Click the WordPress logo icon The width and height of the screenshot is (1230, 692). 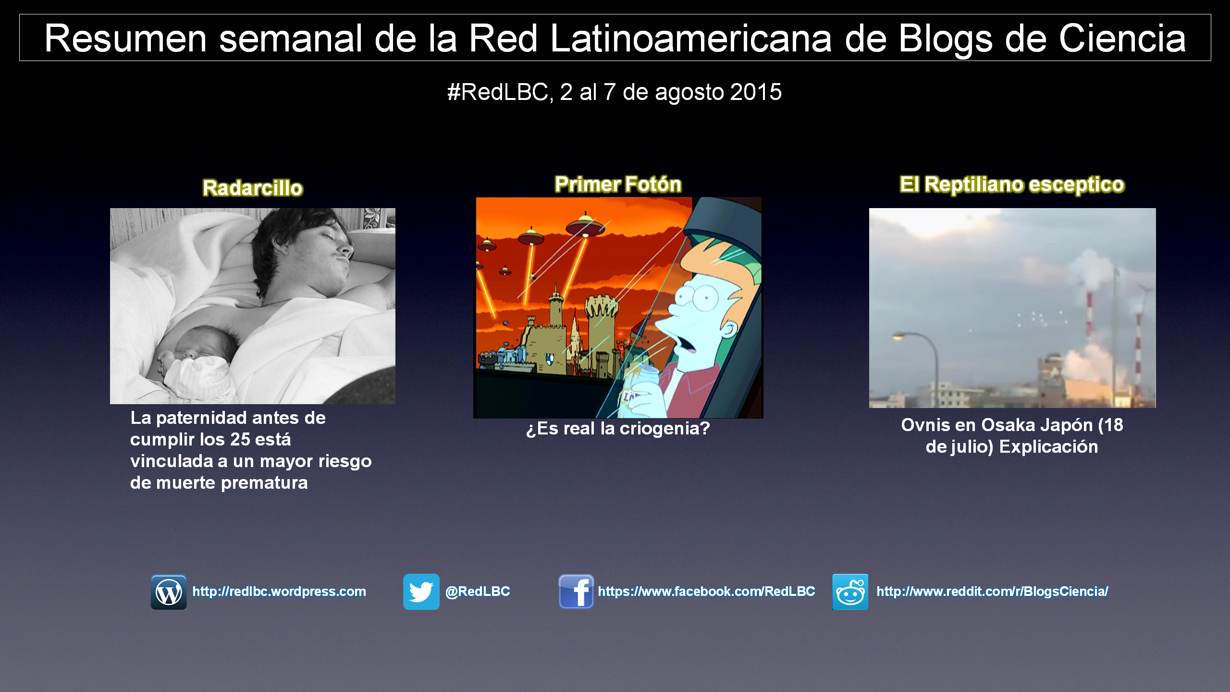[x=169, y=592]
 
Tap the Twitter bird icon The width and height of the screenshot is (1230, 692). [x=421, y=592]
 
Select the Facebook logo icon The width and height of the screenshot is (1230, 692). [x=576, y=592]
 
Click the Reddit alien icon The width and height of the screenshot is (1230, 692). [x=850, y=592]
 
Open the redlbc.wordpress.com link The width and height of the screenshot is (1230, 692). [x=279, y=592]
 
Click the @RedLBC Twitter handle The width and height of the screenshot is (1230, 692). [x=478, y=592]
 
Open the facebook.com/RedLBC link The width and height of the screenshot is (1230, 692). [x=706, y=592]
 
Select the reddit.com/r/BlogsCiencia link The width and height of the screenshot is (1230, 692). [x=993, y=592]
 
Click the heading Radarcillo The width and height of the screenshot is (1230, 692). [x=253, y=188]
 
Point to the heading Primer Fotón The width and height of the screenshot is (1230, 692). [x=618, y=185]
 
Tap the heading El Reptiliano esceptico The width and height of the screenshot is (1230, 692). [x=1012, y=185]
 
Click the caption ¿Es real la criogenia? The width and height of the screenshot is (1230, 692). [x=618, y=428]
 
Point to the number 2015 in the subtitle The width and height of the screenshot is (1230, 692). [x=756, y=92]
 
